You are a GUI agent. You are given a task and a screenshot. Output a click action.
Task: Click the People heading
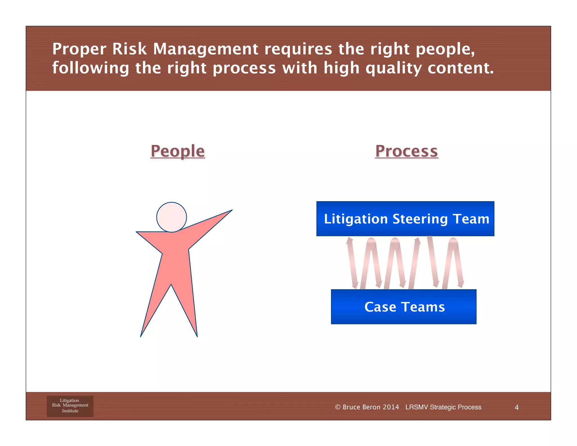click(177, 151)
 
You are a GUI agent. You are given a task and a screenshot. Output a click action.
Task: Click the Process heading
click(406, 151)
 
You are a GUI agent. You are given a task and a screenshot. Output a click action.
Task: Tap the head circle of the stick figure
click(172, 217)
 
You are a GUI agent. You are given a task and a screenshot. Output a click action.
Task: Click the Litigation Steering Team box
click(405, 219)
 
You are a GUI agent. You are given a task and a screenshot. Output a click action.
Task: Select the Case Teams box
click(403, 307)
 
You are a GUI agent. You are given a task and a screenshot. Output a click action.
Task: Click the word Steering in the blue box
click(420, 219)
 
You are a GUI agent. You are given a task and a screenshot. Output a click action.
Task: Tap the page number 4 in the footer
click(516, 407)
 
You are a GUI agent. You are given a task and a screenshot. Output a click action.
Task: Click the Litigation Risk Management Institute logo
click(70, 406)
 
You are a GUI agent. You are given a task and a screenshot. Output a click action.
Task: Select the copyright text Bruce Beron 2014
click(367, 407)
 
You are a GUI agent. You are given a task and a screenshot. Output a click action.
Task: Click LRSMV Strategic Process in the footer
click(443, 407)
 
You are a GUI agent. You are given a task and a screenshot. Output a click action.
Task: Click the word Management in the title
click(206, 49)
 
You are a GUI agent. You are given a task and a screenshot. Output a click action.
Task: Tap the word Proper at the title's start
click(79, 50)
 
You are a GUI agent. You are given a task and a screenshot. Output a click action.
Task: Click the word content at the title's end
click(460, 68)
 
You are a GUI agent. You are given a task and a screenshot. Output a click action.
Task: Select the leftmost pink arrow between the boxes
click(352, 262)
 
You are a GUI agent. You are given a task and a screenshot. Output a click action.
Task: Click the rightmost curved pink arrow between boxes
click(453, 262)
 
